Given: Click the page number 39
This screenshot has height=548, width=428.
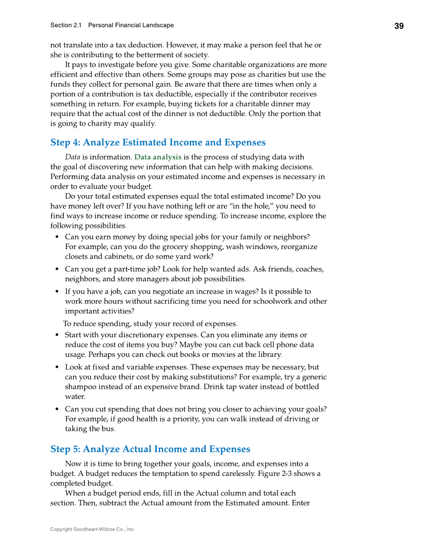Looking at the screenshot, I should pos(398,26).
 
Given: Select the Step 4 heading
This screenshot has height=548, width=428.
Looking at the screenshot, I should pos(158,143).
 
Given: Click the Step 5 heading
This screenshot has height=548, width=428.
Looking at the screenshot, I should pos(150,449).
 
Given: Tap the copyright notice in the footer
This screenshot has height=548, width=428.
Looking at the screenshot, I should pos(92,529).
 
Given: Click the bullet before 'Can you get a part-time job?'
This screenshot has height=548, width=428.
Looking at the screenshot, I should pos(57,270).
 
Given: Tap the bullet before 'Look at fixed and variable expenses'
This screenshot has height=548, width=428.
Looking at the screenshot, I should pos(57,368).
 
